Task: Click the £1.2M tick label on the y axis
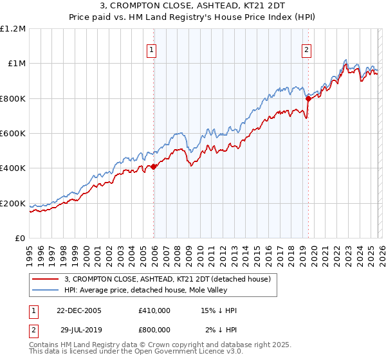point(14,29)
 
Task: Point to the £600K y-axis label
point(13,134)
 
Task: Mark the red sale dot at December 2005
point(154,166)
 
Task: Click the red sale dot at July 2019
point(308,98)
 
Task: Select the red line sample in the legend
point(45,279)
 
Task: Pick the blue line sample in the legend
point(45,289)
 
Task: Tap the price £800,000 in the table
point(154,330)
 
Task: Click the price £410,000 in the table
point(154,310)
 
